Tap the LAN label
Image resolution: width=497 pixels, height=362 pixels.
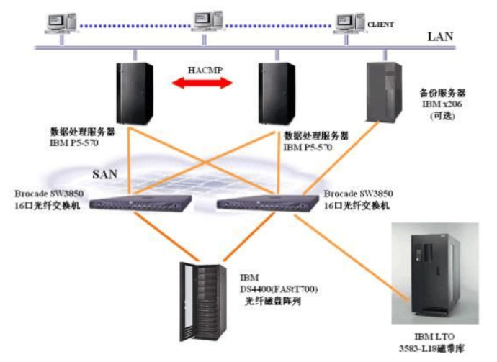pos(441,35)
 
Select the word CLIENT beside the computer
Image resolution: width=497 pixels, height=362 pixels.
pos(382,24)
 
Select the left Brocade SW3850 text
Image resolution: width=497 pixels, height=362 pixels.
pos(48,194)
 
